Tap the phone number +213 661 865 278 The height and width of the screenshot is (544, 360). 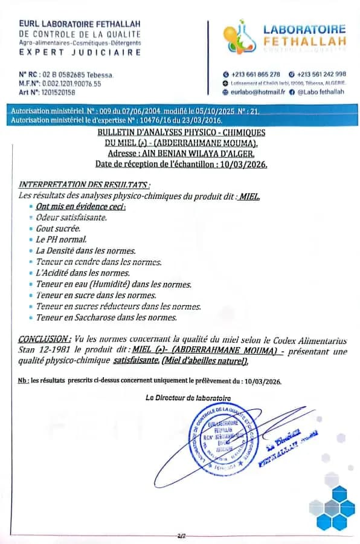[255, 74]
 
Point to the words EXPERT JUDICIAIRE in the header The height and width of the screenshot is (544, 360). [80, 53]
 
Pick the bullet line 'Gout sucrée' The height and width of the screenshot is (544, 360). [58, 228]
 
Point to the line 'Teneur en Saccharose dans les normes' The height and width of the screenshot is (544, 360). [106, 317]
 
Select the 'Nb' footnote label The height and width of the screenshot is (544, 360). [23, 381]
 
